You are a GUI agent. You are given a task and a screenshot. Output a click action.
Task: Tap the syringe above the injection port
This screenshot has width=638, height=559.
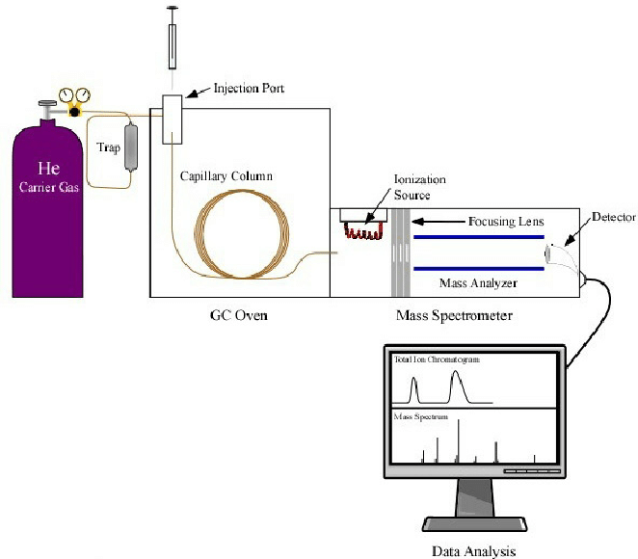(x=173, y=39)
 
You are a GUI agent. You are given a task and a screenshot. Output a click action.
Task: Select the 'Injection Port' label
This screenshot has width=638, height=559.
(x=236, y=89)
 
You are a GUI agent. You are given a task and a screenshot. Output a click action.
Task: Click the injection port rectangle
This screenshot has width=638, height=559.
(x=173, y=120)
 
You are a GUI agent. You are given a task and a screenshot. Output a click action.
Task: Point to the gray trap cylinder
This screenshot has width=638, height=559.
(x=131, y=148)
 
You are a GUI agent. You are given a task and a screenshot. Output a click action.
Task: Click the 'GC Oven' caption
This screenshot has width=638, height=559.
(x=238, y=315)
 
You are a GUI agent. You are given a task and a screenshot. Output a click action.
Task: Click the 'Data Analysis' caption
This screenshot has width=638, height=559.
(x=473, y=551)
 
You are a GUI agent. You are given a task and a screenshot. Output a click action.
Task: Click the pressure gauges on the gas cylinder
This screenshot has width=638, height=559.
(x=69, y=97)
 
